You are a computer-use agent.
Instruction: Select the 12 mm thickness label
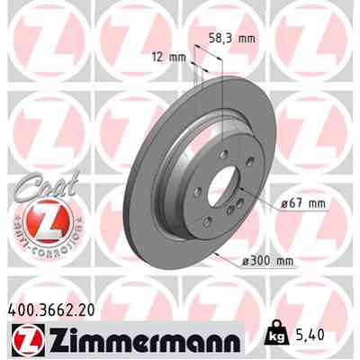(x=169, y=58)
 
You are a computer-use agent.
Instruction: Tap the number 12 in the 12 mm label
(x=159, y=58)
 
